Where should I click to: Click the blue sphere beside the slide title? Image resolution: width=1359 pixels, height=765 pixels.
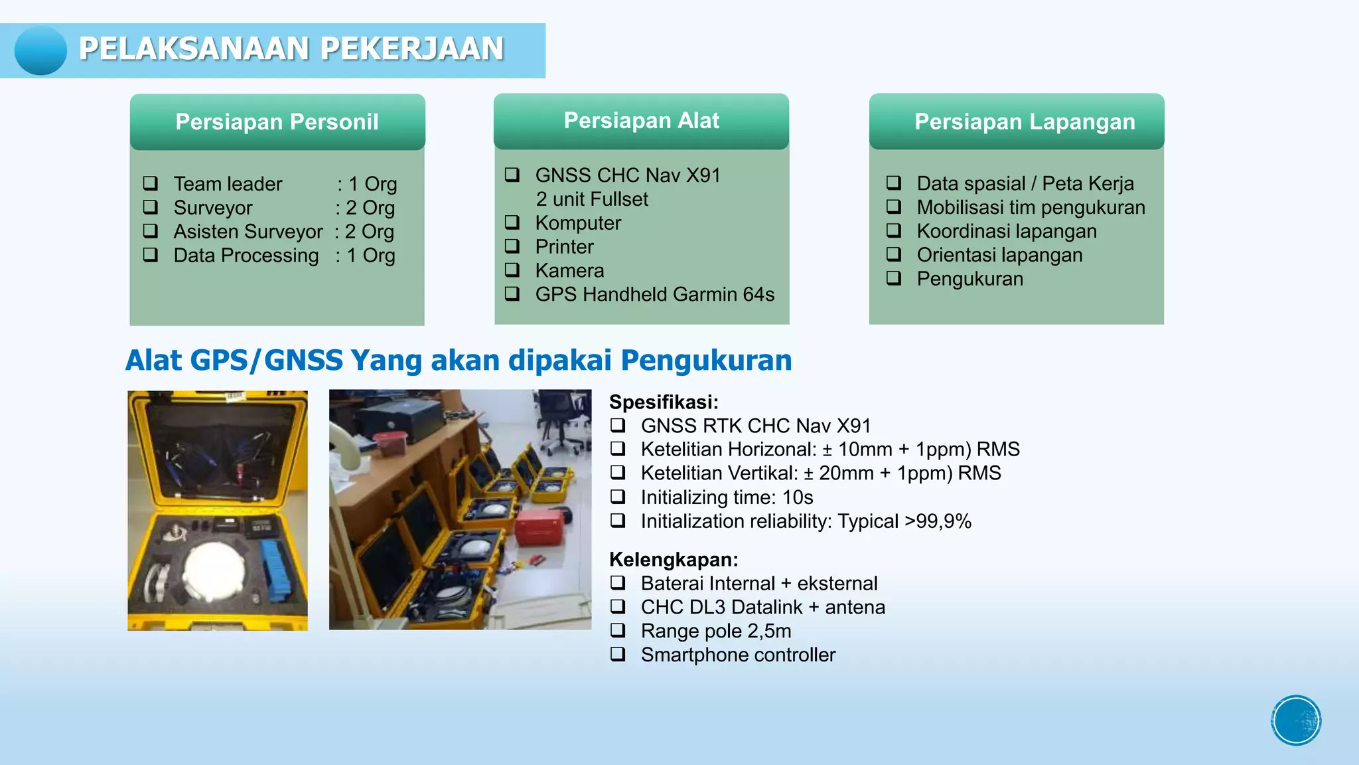[40, 50]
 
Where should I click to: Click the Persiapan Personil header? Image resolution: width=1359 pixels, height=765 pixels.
[277, 122]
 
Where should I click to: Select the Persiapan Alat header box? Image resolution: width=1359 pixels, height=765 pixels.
[641, 121]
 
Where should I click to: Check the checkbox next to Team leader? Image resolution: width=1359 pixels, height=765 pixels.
[151, 183]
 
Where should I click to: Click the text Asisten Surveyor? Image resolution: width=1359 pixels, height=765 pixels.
[248, 232]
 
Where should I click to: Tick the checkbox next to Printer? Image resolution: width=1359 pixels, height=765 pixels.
[512, 246]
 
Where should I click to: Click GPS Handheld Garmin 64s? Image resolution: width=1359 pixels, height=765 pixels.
[654, 294]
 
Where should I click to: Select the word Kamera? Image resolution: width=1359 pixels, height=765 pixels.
[569, 270]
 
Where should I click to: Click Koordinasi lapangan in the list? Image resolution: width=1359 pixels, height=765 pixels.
[1006, 231]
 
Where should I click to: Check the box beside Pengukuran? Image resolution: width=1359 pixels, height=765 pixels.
[894, 278]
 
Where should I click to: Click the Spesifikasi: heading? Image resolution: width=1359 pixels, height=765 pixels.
[664, 402]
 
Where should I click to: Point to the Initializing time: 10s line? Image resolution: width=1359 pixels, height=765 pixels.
[726, 497]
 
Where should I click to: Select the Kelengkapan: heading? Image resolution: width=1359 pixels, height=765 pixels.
[674, 559]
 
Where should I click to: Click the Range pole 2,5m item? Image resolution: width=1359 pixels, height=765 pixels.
[715, 631]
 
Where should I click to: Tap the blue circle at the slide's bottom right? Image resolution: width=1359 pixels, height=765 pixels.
[1296, 721]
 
